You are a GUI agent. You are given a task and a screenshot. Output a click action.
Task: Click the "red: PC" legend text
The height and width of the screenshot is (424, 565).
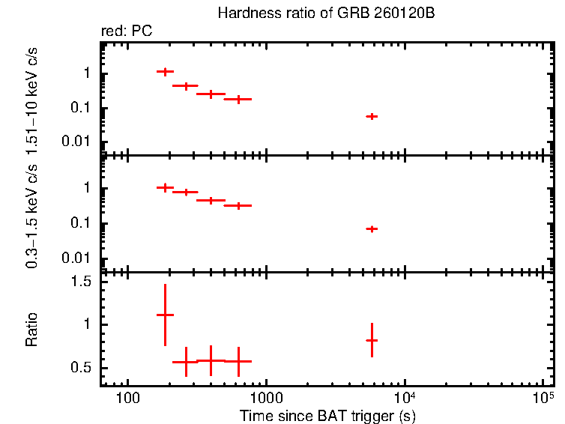tap(132, 31)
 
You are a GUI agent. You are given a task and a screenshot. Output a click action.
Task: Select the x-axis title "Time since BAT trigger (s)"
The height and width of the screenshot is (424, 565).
tap(327, 415)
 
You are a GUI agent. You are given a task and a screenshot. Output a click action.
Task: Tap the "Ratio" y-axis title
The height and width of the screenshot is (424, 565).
tap(31, 330)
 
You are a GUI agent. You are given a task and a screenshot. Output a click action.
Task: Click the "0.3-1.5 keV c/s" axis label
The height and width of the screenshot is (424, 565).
tap(31, 217)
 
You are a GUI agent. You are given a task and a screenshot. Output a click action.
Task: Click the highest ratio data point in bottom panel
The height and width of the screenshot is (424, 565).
tap(165, 315)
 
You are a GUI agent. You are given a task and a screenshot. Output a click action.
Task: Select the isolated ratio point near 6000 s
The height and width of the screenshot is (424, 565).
tap(372, 340)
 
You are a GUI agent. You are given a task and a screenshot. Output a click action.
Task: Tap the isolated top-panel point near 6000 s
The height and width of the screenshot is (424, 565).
tap(372, 116)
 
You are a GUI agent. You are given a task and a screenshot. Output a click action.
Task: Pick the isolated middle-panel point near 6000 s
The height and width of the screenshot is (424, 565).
tap(372, 228)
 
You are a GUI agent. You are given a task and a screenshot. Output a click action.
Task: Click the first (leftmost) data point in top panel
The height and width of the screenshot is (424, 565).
tap(165, 71)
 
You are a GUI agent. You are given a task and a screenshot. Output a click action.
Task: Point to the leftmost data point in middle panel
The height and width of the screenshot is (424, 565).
tap(165, 187)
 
